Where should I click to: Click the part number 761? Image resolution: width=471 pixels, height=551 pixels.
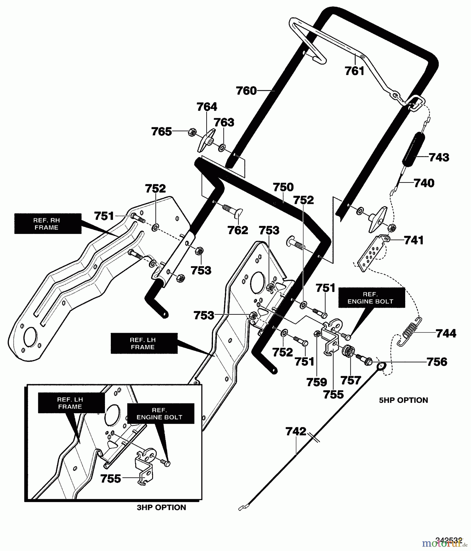355,71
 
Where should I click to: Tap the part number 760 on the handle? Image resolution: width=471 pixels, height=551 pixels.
246,91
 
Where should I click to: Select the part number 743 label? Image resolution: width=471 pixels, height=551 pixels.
439,157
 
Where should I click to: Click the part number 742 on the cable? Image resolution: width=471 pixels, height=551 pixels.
296,432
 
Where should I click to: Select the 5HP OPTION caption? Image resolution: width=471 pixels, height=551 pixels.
403,400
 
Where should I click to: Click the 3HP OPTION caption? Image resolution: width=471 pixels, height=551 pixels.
161,508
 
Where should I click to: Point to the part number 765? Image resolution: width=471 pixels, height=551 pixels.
162,132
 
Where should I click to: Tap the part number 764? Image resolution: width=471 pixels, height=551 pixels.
207,107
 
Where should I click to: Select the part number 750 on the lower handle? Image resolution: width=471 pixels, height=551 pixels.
283,187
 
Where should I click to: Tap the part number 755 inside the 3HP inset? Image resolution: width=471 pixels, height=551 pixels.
111,479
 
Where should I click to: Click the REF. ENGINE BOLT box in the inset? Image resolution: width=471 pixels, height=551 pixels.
159,414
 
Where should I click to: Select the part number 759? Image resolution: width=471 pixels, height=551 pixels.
316,382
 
